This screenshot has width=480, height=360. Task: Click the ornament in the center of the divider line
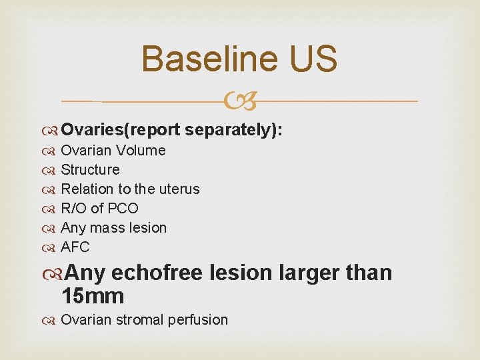tap(240, 101)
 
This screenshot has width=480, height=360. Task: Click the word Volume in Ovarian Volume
tap(141, 151)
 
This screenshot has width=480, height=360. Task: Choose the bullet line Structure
tap(90, 170)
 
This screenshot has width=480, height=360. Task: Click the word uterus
tap(179, 189)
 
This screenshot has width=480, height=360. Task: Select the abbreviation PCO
tap(122, 209)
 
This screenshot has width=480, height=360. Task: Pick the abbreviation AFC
tap(75, 247)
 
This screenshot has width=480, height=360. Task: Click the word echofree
tap(158, 273)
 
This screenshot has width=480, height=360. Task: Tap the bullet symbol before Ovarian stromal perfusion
tap(51, 321)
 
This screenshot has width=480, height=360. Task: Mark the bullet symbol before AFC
tap(51, 248)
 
